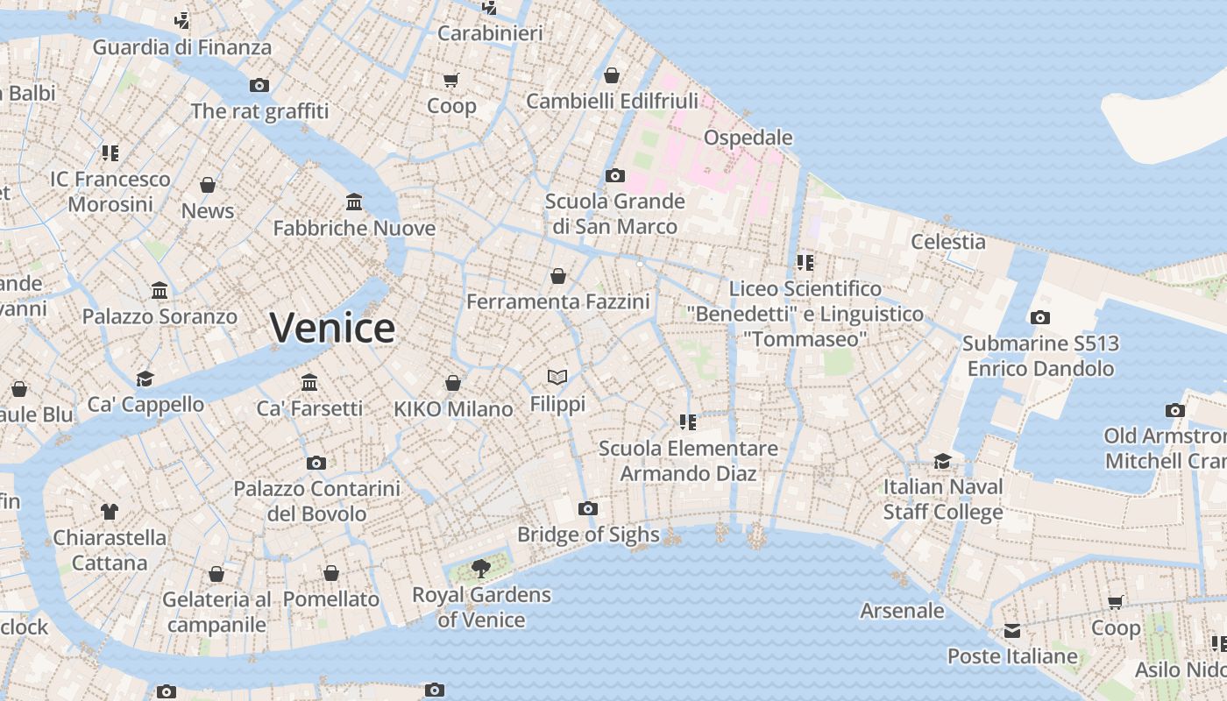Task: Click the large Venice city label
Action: click(332, 328)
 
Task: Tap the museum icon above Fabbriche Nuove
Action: click(354, 202)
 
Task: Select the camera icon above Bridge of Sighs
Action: click(588, 508)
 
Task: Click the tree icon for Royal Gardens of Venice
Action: click(480, 569)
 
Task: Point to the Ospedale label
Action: click(748, 138)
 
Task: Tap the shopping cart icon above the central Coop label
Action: click(451, 81)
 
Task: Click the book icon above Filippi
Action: click(557, 378)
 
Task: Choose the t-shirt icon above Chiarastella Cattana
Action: click(110, 511)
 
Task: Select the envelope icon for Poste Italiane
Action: click(1012, 631)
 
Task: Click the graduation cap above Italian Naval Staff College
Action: click(942, 461)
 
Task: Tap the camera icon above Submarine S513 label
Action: click(1039, 317)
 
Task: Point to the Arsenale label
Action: click(902, 611)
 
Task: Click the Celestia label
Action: click(948, 241)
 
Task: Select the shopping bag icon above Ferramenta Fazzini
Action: click(558, 277)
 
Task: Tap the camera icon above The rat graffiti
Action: click(259, 85)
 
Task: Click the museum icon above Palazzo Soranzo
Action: click(160, 291)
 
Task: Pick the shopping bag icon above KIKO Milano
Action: click(453, 383)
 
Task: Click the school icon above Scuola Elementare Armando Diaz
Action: click(688, 422)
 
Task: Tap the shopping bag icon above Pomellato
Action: click(331, 574)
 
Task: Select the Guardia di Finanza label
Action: click(182, 47)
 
